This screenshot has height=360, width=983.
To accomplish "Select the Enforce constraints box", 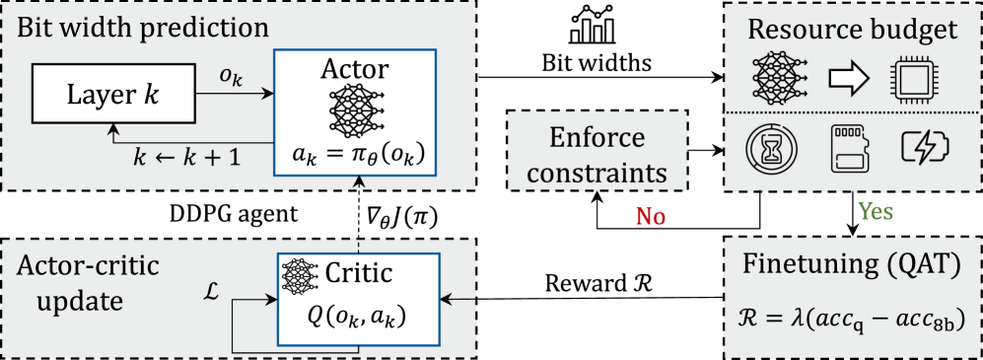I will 596,153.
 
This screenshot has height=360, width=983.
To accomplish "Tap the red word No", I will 650,216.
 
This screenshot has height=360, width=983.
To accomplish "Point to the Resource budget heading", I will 852,29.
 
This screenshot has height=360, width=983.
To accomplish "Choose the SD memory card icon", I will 850,148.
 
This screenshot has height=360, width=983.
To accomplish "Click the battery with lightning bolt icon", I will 926,148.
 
